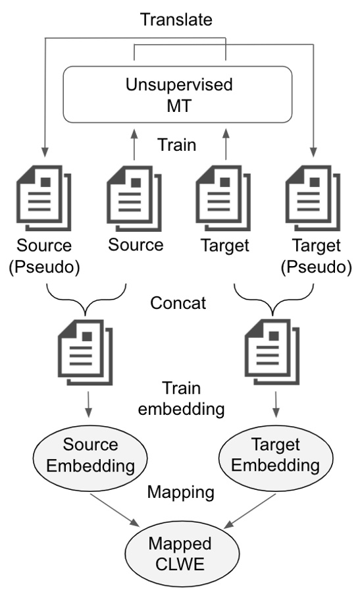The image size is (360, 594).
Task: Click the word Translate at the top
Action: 176,19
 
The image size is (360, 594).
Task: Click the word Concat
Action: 179,305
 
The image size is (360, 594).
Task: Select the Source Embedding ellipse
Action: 89,455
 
